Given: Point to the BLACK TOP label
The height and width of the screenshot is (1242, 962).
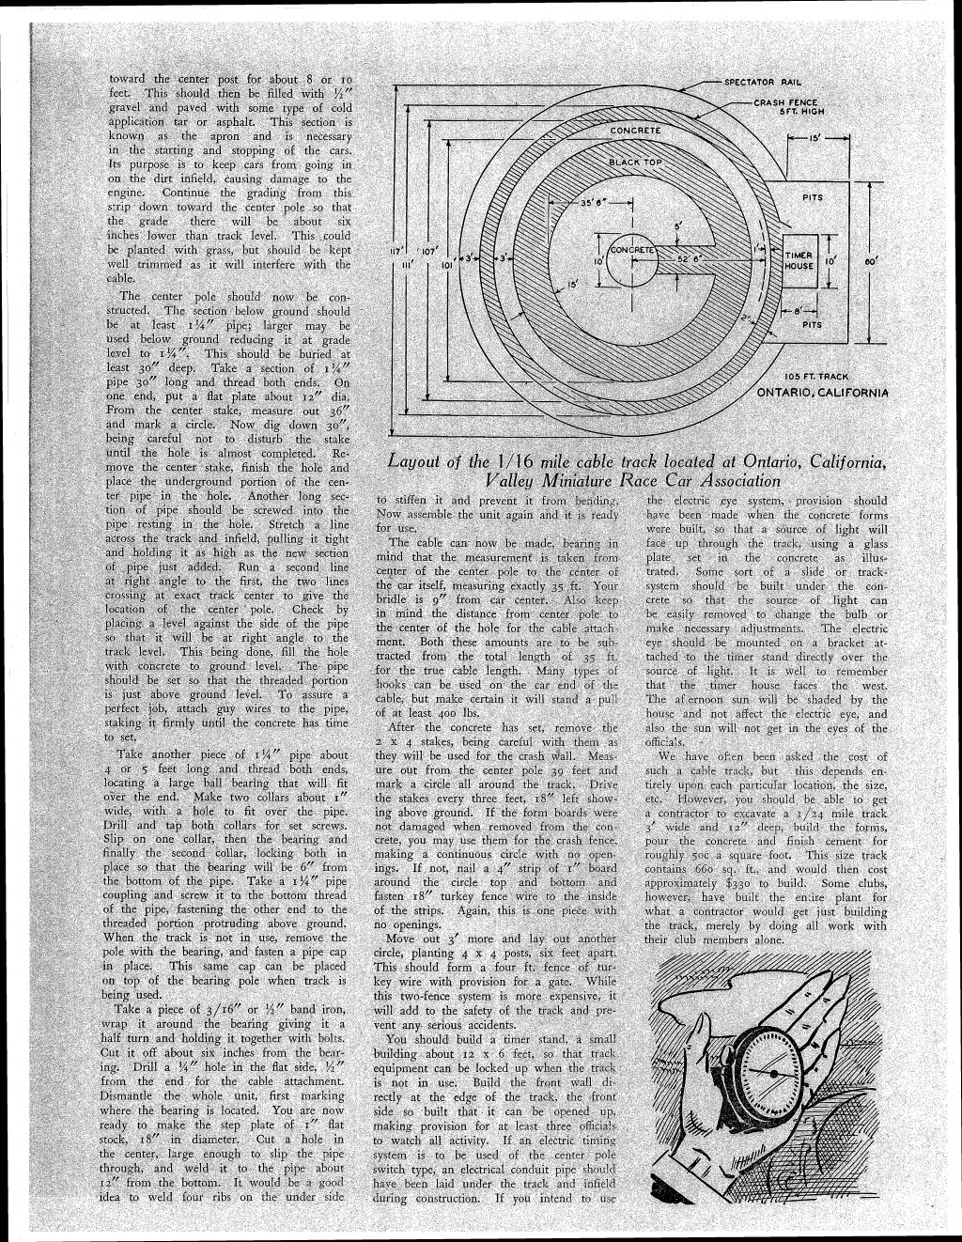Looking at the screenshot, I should click(x=637, y=162).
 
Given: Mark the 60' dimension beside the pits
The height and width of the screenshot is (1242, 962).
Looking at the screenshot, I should click(x=870, y=260).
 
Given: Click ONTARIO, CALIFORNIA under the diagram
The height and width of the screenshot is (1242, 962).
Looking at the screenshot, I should click(x=822, y=393).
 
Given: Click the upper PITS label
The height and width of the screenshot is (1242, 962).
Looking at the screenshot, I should click(x=812, y=198).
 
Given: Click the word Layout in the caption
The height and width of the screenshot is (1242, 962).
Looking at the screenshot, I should click(x=422, y=462).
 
